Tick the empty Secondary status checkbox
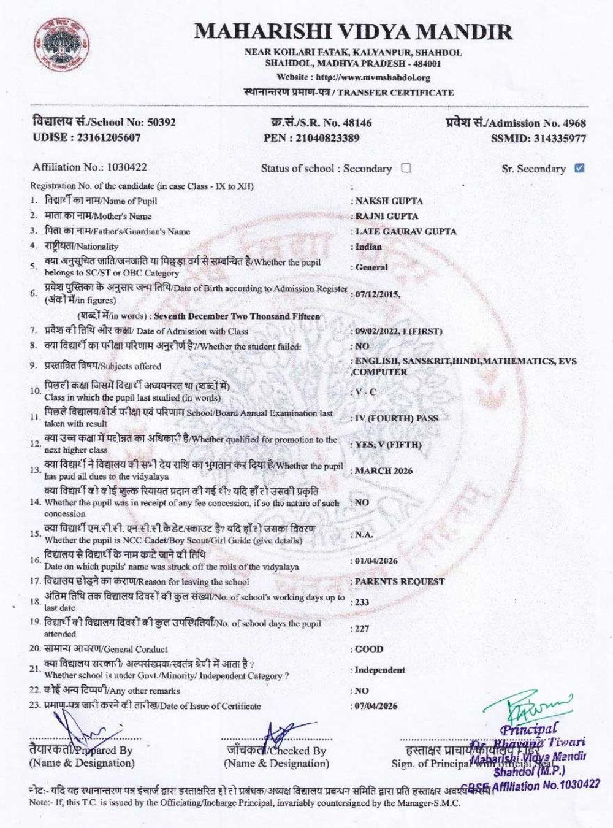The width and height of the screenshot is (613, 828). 406,167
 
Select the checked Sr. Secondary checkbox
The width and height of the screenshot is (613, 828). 579,167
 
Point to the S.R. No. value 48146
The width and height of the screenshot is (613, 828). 356,123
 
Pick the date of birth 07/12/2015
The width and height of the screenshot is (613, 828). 376,294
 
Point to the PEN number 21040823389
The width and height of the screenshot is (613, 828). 327,138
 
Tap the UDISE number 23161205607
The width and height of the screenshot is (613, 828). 108,137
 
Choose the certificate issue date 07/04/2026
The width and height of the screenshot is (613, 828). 376,705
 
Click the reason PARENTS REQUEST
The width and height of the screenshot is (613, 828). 400,581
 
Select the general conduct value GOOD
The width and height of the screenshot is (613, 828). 369,649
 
